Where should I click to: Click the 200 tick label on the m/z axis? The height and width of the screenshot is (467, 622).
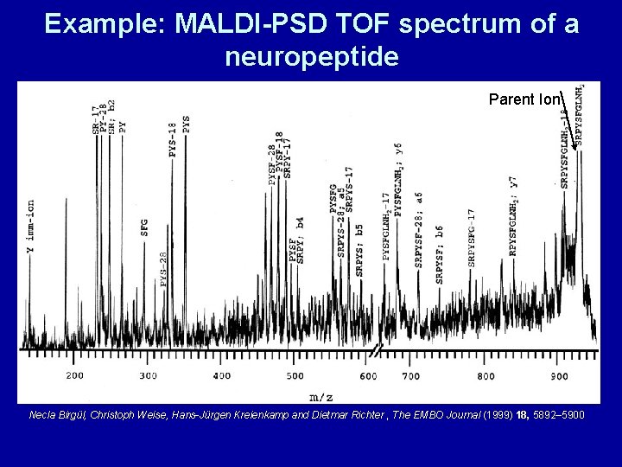75,375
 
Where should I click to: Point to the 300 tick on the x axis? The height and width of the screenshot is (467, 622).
149,375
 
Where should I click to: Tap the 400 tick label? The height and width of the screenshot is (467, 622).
222,375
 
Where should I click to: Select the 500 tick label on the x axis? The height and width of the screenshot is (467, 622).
295,375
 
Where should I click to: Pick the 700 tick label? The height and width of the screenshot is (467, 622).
411,375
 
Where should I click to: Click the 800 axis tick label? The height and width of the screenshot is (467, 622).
486,375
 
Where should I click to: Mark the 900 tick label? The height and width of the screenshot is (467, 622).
559,375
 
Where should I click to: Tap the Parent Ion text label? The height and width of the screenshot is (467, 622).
524,99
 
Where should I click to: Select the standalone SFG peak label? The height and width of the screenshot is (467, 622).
144,227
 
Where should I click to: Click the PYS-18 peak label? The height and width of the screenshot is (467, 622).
174,139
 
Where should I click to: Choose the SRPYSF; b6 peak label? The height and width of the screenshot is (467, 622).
440,253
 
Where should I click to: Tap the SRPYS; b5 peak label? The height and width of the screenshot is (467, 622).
359,250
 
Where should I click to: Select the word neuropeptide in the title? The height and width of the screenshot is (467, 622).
311,57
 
